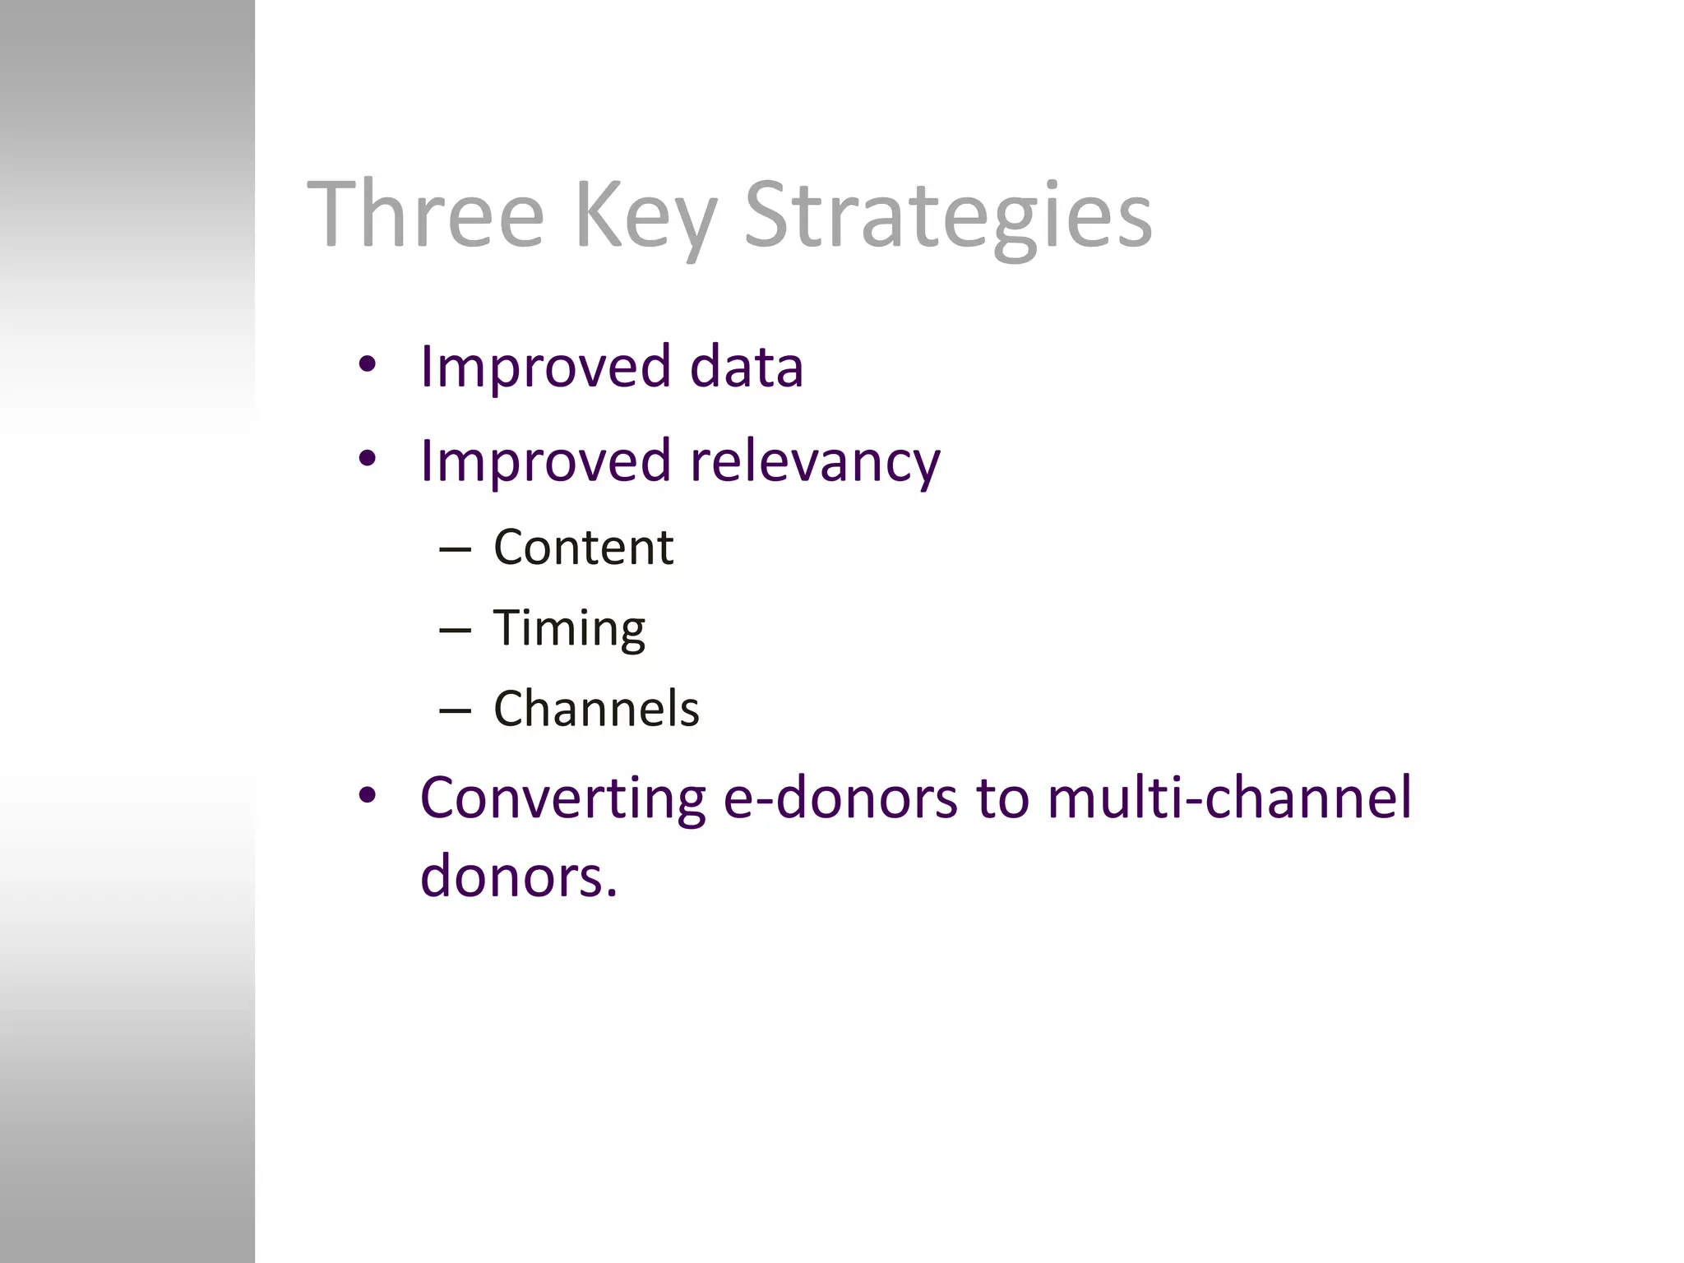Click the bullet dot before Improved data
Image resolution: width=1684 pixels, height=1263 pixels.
[x=367, y=363]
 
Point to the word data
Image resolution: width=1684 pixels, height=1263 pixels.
[x=746, y=367]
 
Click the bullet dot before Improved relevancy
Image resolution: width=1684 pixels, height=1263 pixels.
[x=367, y=458]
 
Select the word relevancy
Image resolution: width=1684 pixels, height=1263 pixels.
[x=815, y=462]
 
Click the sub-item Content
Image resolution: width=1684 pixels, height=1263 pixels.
[x=583, y=548]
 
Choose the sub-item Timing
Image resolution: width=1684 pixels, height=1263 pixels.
[x=569, y=630]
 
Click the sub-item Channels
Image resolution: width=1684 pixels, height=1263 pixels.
[x=596, y=709]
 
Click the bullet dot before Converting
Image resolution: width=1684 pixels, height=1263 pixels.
[x=367, y=795]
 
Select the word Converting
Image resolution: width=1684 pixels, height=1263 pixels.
[x=562, y=799]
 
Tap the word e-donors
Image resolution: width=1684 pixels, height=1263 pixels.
[x=840, y=799]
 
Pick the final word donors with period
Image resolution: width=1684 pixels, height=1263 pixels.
[x=518, y=877]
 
